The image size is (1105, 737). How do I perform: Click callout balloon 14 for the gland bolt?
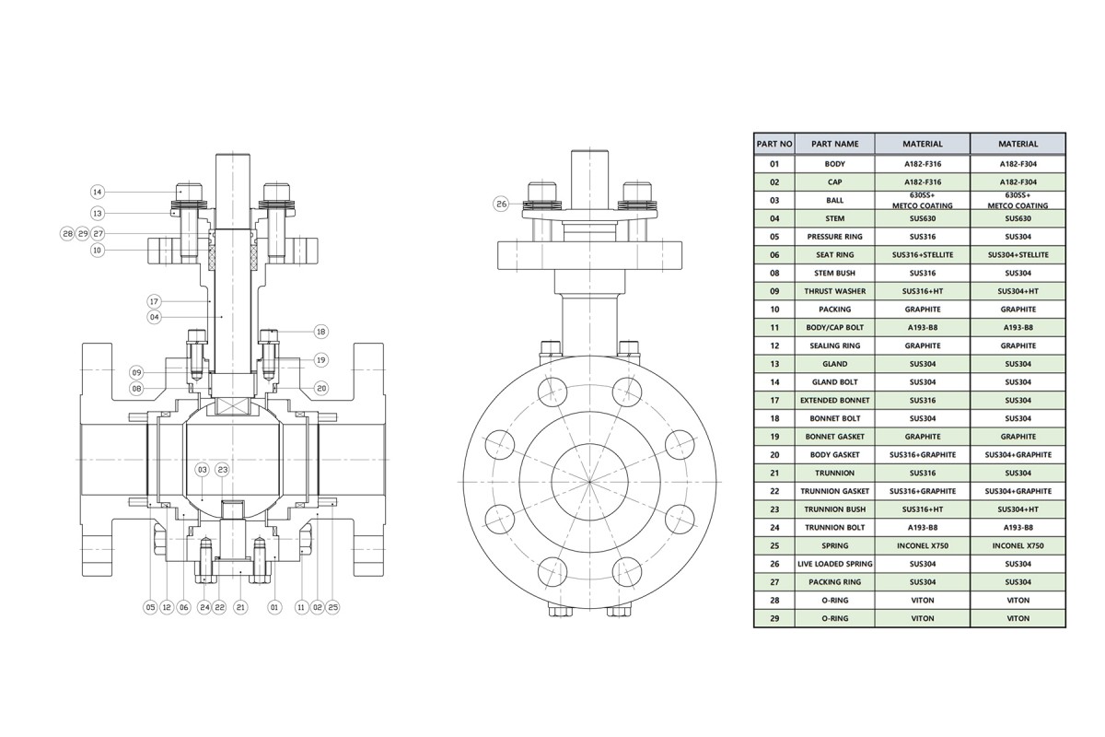point(98,192)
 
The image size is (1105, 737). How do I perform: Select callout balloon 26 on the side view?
point(501,204)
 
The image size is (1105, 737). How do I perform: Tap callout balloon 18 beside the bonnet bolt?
point(321,332)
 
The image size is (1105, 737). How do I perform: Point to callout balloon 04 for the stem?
point(155,317)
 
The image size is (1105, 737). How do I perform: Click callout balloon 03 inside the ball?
point(203,470)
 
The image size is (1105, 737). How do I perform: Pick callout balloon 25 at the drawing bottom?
point(333,607)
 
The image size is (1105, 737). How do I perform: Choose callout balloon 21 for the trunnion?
point(240,607)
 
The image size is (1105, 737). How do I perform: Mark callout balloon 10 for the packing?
point(98,251)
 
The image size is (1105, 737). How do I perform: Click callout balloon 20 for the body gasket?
point(321,389)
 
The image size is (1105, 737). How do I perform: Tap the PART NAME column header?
point(834,144)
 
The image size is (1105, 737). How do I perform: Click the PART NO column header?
point(774,144)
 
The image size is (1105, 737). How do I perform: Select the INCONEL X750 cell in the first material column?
point(923,545)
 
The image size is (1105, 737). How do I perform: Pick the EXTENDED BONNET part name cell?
point(834,401)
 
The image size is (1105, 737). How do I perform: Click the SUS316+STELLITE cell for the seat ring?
point(923,254)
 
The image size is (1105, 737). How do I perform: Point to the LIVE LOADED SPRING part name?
point(834,564)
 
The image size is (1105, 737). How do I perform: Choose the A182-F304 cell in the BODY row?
point(1018,164)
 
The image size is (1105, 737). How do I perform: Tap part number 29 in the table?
point(774,618)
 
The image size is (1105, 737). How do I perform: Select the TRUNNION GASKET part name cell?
point(834,491)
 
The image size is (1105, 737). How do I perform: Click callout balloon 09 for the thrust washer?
point(136,372)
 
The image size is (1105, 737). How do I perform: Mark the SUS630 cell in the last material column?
point(1018,218)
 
